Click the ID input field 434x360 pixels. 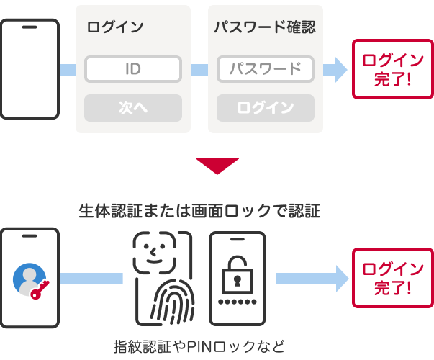(x=132, y=69)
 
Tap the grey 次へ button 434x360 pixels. (x=132, y=108)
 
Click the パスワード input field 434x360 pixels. (x=266, y=69)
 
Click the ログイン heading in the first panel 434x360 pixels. (x=115, y=27)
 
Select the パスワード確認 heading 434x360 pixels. (x=265, y=27)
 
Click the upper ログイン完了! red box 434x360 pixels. (x=392, y=69)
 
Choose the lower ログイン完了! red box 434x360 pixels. (x=392, y=279)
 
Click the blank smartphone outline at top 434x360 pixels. (x=30, y=69)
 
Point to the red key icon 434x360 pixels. (x=39, y=288)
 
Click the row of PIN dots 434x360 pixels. (x=237, y=299)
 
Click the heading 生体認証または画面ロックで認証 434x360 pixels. (x=199, y=210)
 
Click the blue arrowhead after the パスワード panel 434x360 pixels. (x=335, y=69)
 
